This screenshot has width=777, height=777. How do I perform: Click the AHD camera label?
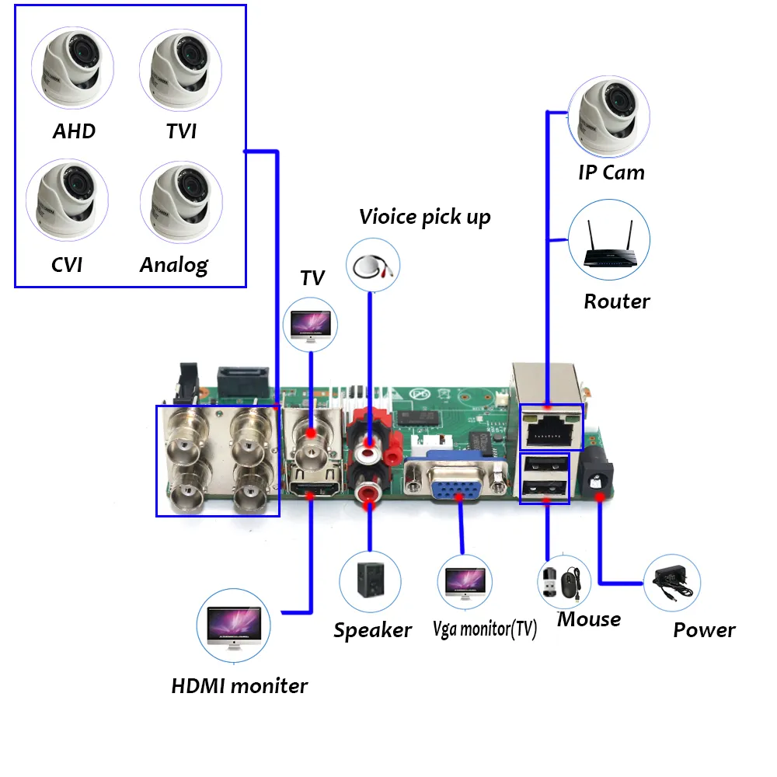[74, 131]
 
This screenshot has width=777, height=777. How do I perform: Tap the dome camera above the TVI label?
[180, 69]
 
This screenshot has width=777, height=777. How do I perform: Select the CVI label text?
[67, 264]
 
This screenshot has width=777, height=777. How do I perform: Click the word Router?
[617, 301]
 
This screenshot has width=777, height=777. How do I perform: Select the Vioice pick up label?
[425, 217]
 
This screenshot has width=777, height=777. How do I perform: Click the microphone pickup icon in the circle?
[371, 265]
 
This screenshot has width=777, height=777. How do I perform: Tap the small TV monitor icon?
[311, 325]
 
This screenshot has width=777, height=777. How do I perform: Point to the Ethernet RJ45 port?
[550, 428]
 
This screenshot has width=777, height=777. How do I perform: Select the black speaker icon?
[370, 581]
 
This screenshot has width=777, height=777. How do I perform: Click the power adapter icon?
[671, 582]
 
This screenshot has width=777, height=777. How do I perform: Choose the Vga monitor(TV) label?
[485, 629]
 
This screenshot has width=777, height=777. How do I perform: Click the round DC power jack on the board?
[598, 481]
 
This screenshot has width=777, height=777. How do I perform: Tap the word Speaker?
[372, 630]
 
